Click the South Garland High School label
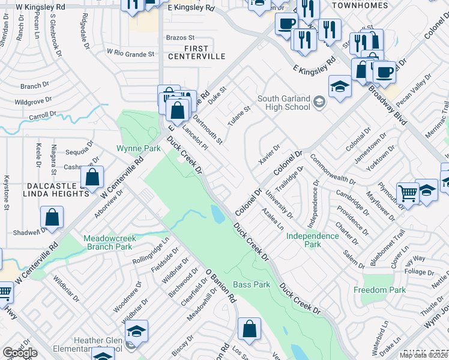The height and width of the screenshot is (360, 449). [283, 103]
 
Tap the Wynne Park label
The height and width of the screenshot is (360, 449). [139, 148]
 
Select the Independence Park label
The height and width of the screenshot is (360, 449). [312, 240]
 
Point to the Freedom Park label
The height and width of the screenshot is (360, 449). [379, 290]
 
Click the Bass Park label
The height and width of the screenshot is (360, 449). [252, 284]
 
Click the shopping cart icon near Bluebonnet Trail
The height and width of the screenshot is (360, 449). [408, 193]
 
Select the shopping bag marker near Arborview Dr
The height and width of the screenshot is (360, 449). [92, 178]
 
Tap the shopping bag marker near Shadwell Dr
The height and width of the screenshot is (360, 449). [52, 218]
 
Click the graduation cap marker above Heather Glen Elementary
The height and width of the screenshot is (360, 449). [136, 331]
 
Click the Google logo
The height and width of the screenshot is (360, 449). [20, 353]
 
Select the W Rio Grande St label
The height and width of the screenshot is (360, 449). [130, 54]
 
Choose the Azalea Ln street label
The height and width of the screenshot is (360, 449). [273, 220]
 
